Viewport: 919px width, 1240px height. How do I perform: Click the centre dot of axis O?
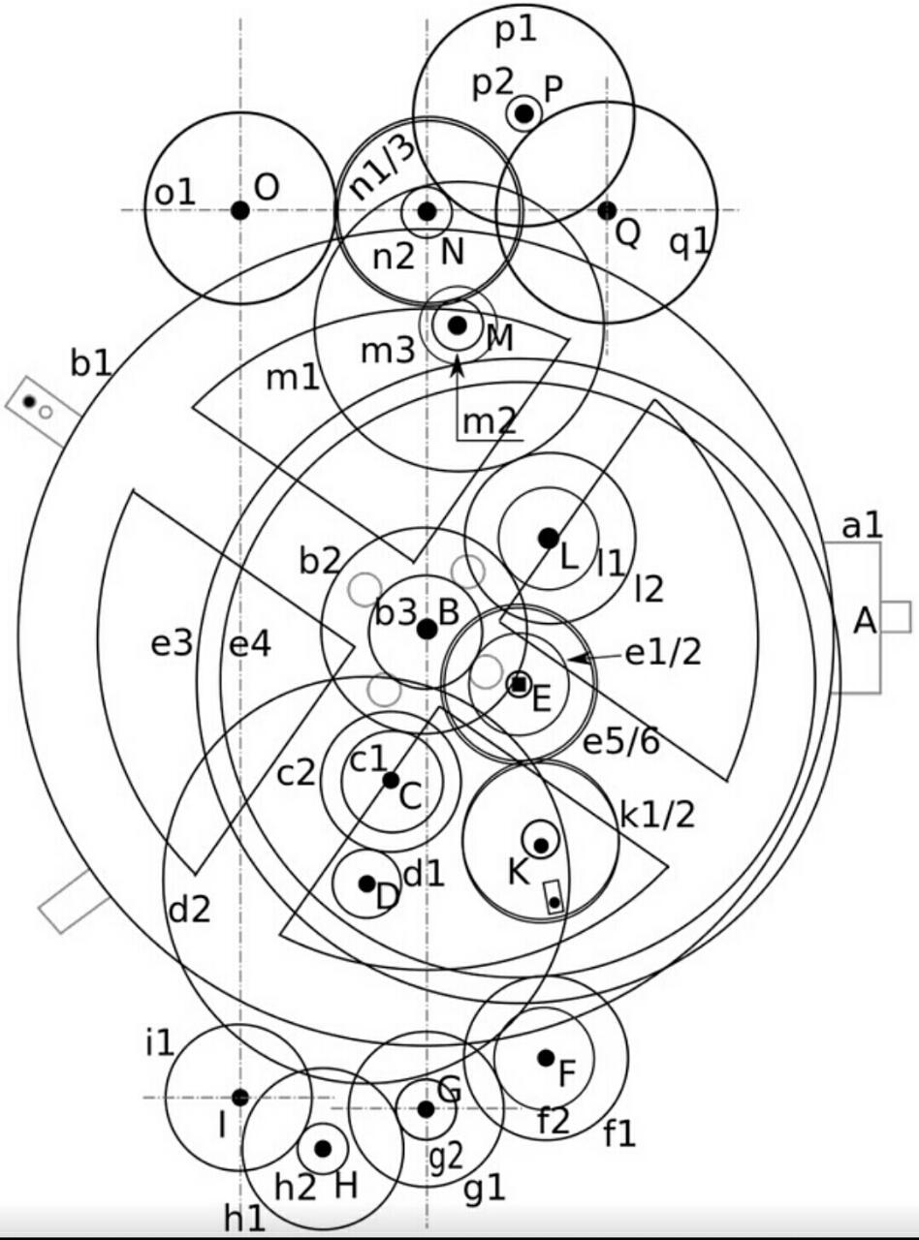[x=240, y=210]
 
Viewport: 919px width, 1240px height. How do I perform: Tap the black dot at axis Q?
[x=607, y=210]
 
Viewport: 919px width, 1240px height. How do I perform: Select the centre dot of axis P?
[x=524, y=113]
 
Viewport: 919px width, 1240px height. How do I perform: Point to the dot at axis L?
[x=548, y=537]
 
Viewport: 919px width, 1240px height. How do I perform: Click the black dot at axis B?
[x=427, y=629]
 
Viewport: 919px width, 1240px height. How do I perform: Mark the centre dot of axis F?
[x=546, y=1057]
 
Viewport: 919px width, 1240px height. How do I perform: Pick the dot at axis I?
[x=240, y=1098]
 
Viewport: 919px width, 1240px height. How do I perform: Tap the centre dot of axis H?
[x=323, y=1148]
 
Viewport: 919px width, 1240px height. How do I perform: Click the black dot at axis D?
[x=366, y=883]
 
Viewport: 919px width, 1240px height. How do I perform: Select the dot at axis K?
[x=541, y=846]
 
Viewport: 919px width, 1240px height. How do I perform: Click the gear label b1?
[x=91, y=363]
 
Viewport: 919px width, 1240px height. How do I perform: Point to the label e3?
[x=173, y=644]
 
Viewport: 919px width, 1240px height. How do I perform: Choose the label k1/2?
[x=657, y=815]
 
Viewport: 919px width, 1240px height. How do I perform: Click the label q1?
[x=690, y=242]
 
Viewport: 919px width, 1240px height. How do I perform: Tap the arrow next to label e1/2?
[x=574, y=659]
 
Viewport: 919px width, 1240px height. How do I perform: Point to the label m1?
[x=292, y=377]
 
